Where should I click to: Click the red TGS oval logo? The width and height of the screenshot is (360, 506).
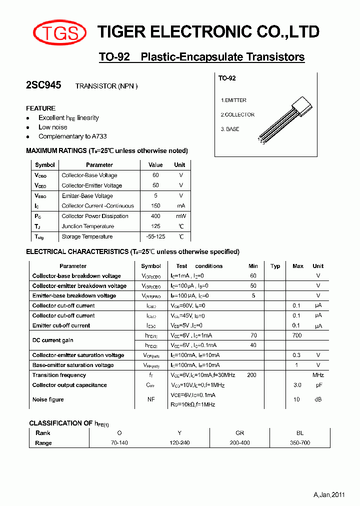tap(59, 32)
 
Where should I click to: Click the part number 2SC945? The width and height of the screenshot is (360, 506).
tap(43, 85)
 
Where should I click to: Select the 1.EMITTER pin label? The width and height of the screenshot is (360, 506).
tap(234, 100)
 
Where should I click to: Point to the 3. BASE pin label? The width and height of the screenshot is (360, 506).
tap(230, 129)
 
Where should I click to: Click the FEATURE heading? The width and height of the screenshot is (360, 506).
tap(40, 108)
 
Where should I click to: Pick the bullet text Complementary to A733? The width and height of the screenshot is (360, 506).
tap(72, 136)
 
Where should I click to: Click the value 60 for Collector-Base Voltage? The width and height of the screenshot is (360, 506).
tap(155, 175)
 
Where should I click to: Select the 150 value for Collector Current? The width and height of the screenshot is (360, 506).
tap(155, 206)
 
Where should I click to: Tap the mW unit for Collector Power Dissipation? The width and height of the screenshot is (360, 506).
tap(180, 216)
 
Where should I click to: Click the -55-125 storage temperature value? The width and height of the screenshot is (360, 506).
tap(155, 237)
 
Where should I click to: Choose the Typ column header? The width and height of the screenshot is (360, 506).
tap(275, 266)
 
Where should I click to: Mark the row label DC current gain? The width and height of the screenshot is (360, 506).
tap(53, 340)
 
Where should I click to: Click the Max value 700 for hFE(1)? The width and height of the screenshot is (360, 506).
tap(297, 335)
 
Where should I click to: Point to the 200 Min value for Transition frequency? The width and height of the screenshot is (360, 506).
tap(252, 375)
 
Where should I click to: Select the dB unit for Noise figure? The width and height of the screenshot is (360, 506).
tap(318, 399)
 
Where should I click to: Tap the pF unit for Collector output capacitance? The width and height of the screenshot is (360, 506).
tap(318, 385)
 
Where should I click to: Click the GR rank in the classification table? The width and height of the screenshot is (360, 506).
tap(240, 433)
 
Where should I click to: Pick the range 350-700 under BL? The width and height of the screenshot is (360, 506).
tap(300, 443)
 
